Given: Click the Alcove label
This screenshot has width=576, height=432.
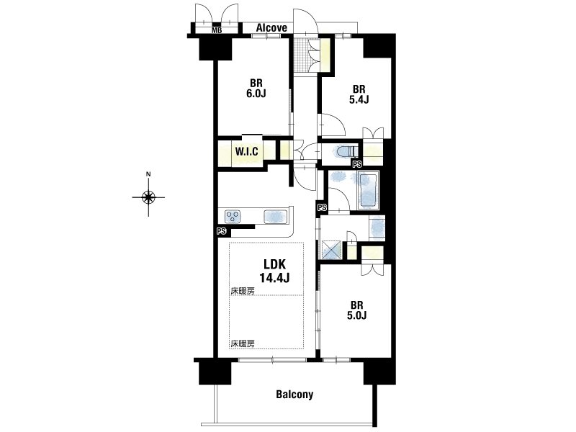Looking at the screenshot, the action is tap(271, 28).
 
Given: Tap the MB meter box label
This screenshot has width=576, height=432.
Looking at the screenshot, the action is tap(217, 30).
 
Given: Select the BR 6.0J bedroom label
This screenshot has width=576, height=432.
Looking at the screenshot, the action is tap(256, 89).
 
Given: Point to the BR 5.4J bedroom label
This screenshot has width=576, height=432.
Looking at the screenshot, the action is tap(359, 94).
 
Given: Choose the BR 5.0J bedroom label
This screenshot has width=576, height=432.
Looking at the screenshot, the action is tap(356, 310).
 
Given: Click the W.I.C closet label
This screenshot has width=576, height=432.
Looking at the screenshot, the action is tap(246, 151).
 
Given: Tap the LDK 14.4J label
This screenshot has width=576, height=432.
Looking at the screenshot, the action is tap(274, 271).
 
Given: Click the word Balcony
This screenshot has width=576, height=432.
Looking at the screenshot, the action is tap(294, 395).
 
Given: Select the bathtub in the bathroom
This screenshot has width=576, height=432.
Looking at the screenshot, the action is tap(368, 191).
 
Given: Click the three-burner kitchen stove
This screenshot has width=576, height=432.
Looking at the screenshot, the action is tap(233, 216).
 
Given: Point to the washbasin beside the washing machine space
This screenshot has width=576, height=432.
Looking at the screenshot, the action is tap(377, 228).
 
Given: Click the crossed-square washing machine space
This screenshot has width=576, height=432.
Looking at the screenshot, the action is tap(332, 250).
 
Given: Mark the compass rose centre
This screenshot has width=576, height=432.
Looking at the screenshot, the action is tap(148, 197).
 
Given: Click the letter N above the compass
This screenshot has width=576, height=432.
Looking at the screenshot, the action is tap(148, 174).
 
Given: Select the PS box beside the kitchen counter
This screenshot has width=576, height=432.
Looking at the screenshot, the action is tap(221, 231).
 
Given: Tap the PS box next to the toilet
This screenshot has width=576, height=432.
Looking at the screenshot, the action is tap(357, 164).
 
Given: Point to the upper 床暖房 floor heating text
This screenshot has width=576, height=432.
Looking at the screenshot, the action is tap(243, 291).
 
